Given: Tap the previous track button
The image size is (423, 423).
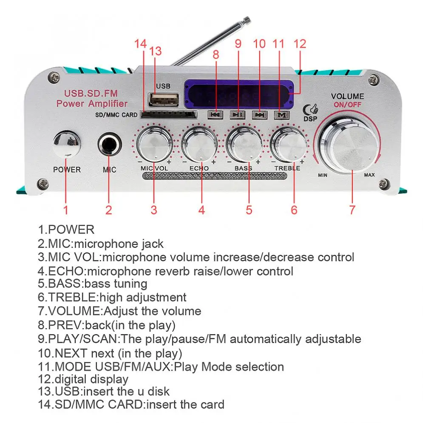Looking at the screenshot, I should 215,114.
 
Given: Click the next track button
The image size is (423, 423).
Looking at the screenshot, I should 259,114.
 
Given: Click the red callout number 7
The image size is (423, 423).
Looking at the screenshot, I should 352,210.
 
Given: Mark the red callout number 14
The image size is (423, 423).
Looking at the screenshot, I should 141,44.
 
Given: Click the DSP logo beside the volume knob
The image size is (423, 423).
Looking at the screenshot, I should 310,112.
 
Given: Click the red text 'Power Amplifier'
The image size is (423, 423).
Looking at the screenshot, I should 92,103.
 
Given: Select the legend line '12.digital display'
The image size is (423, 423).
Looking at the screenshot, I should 83,379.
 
